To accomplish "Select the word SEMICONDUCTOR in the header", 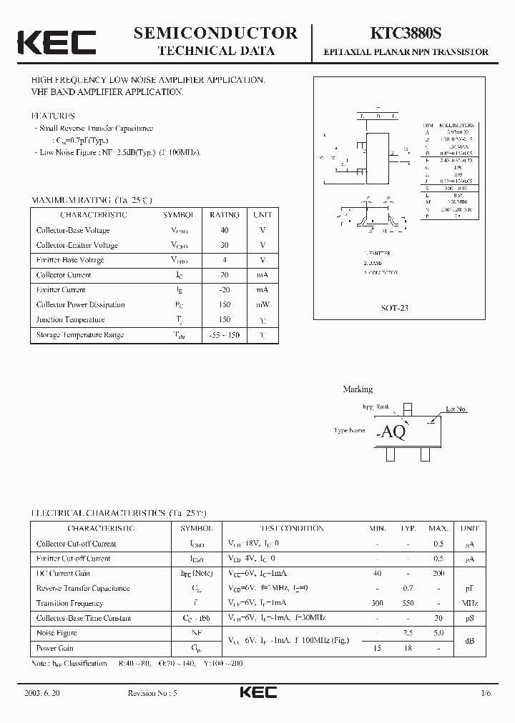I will (x=215, y=33).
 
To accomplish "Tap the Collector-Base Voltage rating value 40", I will (x=225, y=230).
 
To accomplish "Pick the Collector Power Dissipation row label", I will (x=80, y=305).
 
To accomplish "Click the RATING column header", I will (x=225, y=214).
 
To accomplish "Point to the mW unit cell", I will (x=263, y=305).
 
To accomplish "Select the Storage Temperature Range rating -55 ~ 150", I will (x=225, y=335).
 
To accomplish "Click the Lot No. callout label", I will (x=456, y=409).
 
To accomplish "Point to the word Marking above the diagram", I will (x=358, y=389).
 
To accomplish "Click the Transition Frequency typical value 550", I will (x=408, y=603).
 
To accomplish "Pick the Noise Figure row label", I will (x=57, y=633).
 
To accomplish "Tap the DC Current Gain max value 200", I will (x=438, y=574).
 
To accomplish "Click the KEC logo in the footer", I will (x=257, y=693).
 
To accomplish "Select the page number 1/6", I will (x=486, y=694).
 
